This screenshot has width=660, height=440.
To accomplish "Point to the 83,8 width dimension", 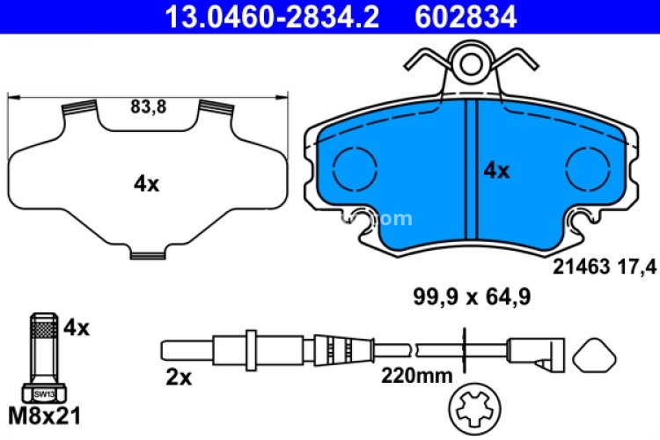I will click(149, 107).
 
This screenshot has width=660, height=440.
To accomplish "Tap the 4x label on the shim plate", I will click(146, 184).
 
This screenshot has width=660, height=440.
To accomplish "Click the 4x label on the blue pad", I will click(497, 171).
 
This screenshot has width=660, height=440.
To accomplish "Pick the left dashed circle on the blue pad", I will click(356, 166).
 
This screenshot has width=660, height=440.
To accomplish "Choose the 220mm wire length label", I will click(416, 377).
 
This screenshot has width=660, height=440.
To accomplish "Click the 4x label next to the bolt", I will click(77, 328).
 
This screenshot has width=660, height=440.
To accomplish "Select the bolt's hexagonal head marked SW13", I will click(43, 392).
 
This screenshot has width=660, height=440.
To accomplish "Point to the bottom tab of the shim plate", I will click(149, 255).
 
